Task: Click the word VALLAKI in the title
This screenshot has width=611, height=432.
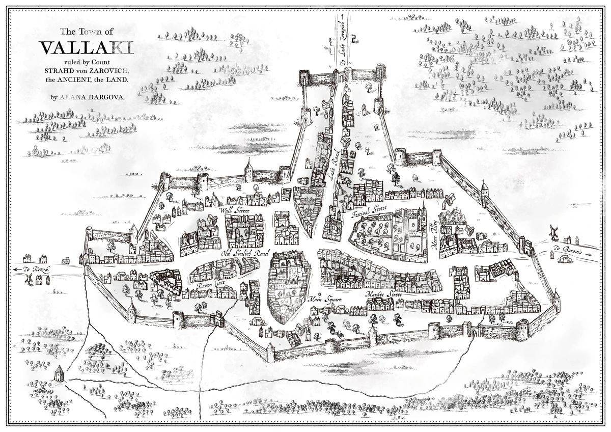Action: [x=87, y=48]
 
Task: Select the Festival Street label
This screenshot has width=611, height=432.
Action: [x=370, y=211]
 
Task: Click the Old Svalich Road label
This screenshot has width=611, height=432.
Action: [x=244, y=253]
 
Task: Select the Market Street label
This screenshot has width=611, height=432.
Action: [x=383, y=294]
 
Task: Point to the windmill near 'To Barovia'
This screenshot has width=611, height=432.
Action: [x=552, y=232]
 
